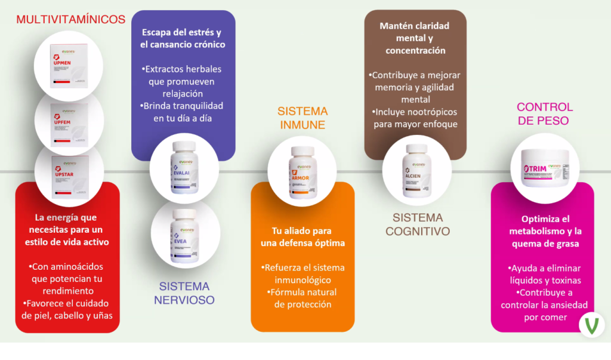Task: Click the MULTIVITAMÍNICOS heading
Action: [x=70, y=20]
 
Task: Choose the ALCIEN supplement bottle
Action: [x=416, y=170]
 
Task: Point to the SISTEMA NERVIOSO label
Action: [x=184, y=293]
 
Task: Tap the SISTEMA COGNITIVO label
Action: [x=417, y=224]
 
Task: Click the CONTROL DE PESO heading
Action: [x=544, y=113]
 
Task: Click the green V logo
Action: [x=592, y=326]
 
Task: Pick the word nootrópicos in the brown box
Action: [x=427, y=112]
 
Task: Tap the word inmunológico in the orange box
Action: [x=302, y=280]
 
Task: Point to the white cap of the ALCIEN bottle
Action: [x=416, y=148]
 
